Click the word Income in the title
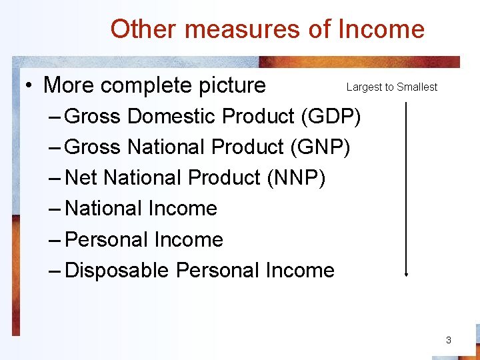pos(381,29)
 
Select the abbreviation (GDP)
pos(331,117)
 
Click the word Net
pos(82,178)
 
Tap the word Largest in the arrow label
pos(363,87)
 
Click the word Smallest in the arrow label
pos(417,87)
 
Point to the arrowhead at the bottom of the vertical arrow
pos(405,273)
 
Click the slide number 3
pos(449,340)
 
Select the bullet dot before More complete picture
pos(30,85)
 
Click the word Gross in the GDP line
pos(94,117)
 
